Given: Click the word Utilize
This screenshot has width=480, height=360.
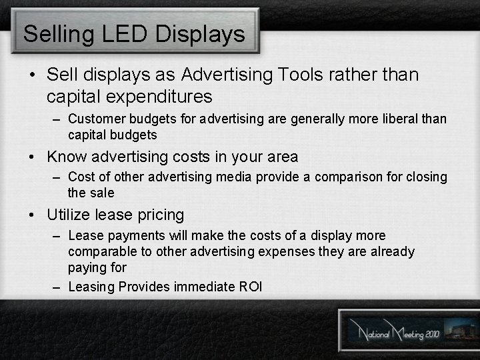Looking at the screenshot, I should click(69, 215).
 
